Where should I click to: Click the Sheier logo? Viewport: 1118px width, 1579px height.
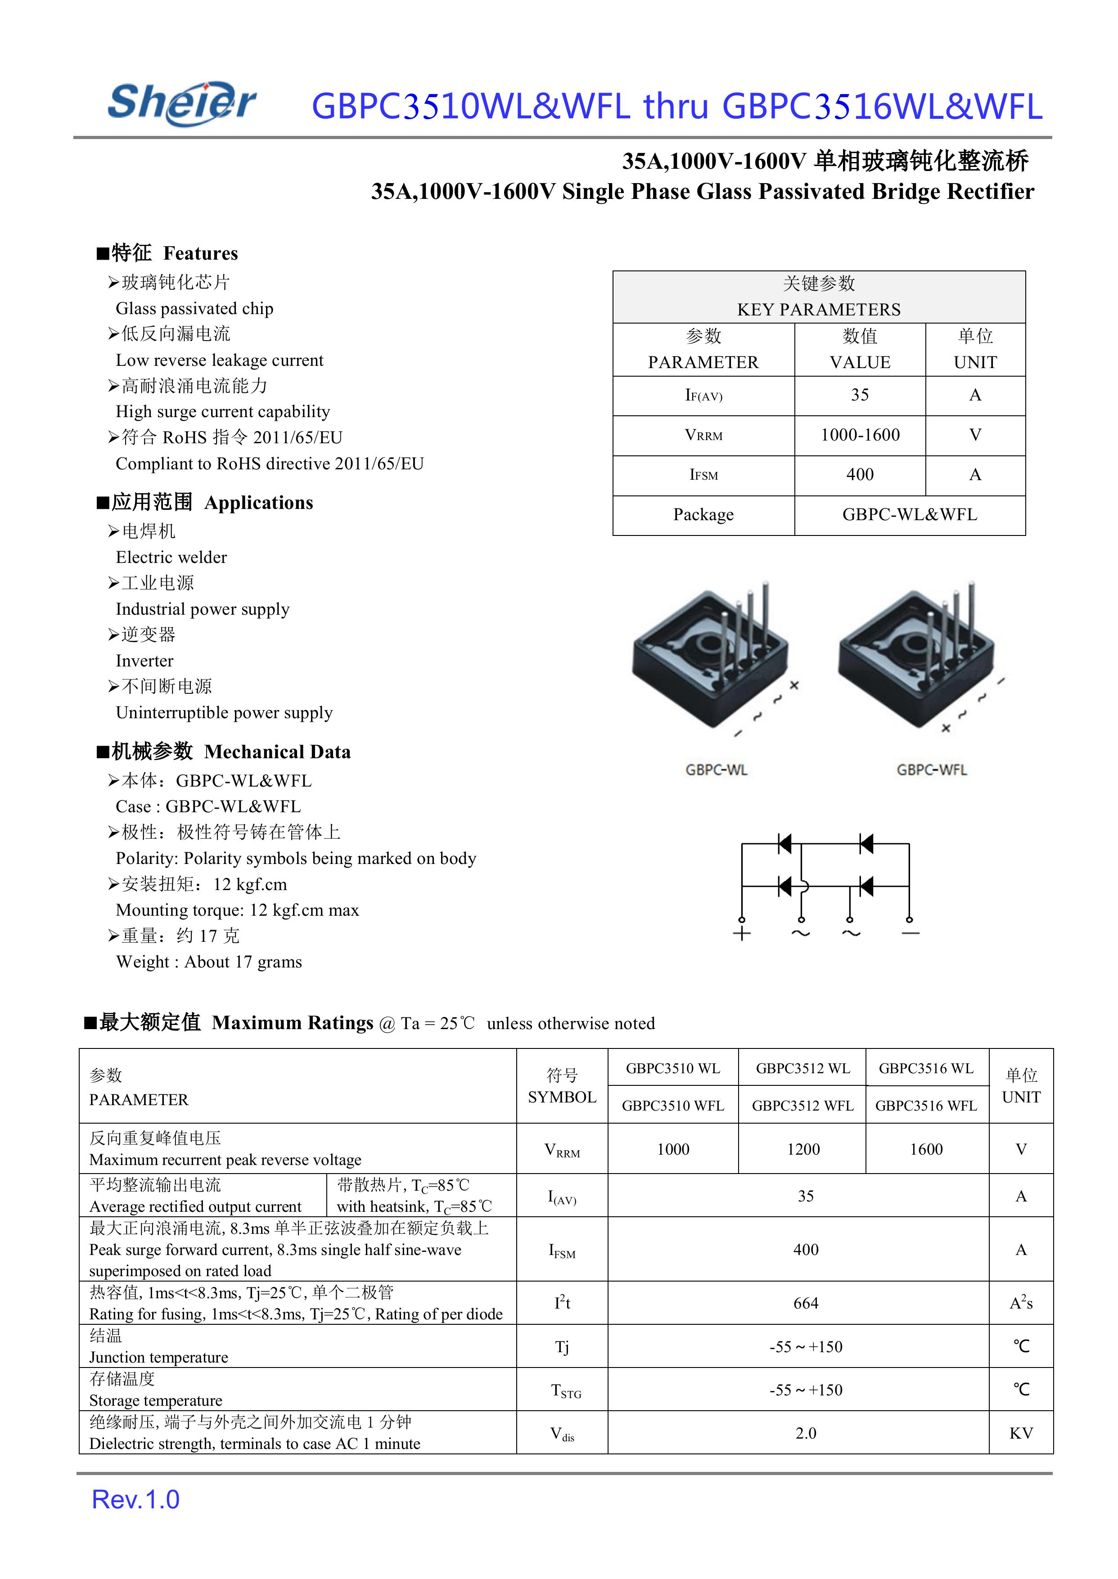182,103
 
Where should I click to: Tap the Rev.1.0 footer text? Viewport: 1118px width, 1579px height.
135,1499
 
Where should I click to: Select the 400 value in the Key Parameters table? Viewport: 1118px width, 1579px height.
860,475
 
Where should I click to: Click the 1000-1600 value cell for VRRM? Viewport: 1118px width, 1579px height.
860,435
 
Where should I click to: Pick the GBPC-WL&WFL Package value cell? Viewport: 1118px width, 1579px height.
910,515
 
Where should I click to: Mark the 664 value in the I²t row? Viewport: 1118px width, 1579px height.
806,1304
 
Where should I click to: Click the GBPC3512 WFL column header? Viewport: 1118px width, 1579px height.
802,1106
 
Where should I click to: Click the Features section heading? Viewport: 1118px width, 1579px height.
168,253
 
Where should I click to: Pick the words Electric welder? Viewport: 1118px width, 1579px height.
171,558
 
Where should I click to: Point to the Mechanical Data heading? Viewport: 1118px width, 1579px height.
225,751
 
